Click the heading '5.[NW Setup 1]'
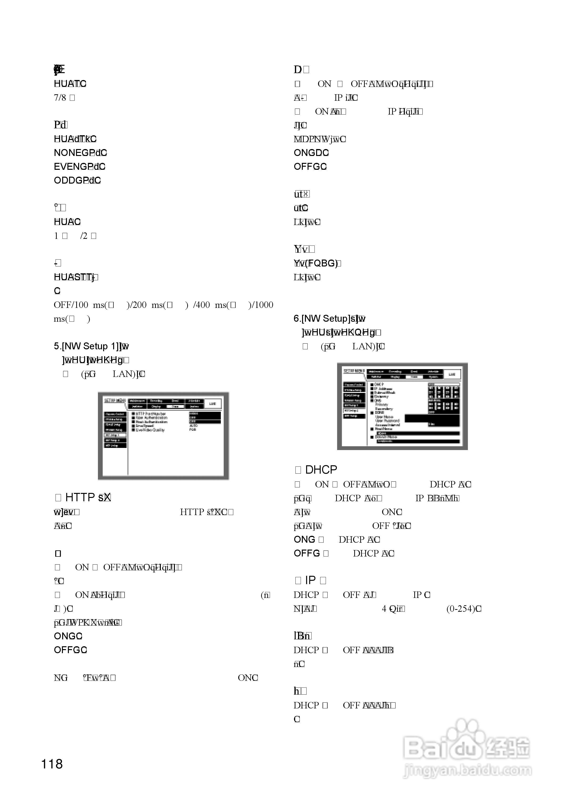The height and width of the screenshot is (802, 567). pos(86,346)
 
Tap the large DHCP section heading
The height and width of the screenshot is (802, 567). pos(321,470)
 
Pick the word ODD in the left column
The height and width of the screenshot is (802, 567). pos(64,180)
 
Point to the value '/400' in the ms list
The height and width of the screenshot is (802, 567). pos(201,305)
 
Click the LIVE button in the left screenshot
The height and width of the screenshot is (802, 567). pos(212,403)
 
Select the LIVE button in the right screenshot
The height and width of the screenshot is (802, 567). pos(452,374)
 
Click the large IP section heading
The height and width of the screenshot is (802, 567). pos(310,580)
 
